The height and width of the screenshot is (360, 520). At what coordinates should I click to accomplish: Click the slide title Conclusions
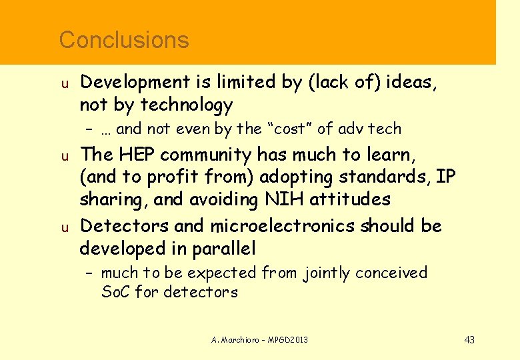pos(124,40)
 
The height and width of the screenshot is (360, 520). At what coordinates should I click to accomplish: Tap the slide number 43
pos(469,340)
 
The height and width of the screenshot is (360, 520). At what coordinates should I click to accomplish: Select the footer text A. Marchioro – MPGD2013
pos(260,340)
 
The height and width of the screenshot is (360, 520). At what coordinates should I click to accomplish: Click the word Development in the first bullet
pos(135,82)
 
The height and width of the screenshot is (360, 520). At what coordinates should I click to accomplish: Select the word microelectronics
pos(283,226)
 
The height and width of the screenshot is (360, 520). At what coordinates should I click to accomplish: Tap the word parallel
pos(223,249)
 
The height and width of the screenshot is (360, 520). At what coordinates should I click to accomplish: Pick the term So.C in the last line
pos(116,291)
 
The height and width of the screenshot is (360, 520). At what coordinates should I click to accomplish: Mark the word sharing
pos(110,199)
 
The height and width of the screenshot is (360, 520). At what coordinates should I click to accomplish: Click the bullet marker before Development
pos(65,84)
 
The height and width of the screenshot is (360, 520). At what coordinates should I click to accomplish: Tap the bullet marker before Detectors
pos(65,227)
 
